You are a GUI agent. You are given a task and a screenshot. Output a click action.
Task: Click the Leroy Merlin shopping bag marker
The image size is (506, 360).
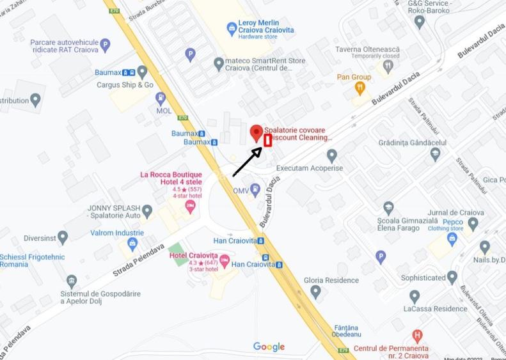point(232,28)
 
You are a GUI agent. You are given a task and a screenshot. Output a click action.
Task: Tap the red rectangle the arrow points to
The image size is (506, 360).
point(268,141)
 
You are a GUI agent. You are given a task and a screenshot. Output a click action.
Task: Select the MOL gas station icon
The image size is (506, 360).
point(160,98)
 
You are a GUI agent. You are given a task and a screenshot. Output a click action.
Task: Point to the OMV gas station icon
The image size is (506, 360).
point(255,189)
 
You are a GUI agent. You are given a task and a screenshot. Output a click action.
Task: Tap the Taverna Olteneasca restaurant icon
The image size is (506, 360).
point(388,66)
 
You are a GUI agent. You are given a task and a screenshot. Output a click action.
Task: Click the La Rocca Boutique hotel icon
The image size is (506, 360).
point(190,206)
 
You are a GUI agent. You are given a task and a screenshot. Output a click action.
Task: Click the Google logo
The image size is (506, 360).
point(269,347)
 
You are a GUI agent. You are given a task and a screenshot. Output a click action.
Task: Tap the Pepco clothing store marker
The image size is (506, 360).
point(452,239)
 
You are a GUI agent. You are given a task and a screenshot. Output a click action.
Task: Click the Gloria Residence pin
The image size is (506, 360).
point(315,291)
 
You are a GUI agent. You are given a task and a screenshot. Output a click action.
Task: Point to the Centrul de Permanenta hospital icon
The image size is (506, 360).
point(417,336)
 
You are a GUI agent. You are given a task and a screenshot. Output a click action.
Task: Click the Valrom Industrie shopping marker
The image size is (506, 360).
point(132,244)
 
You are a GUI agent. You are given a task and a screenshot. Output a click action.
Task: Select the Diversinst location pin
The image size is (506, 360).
point(63,238)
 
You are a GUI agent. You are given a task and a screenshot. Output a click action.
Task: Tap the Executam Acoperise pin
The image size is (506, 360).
point(331,155)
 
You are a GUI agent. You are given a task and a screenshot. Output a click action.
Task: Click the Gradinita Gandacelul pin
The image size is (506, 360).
point(436,153)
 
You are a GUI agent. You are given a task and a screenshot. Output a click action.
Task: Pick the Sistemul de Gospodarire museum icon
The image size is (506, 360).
point(72,281)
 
